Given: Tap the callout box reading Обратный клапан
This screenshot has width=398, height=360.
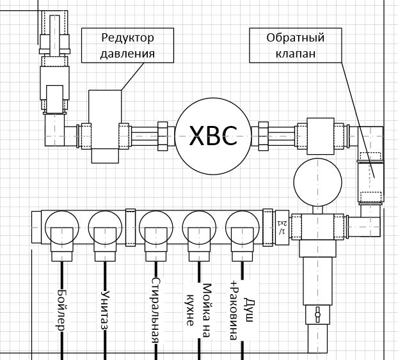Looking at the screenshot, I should coord(296,45).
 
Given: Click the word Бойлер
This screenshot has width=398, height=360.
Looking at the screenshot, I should coord(61,310).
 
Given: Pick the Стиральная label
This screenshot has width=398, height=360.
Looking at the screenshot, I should coord(154,309).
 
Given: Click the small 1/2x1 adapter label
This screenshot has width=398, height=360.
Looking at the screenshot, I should coord(282,227).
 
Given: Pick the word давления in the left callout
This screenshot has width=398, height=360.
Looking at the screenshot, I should coord(128,54).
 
